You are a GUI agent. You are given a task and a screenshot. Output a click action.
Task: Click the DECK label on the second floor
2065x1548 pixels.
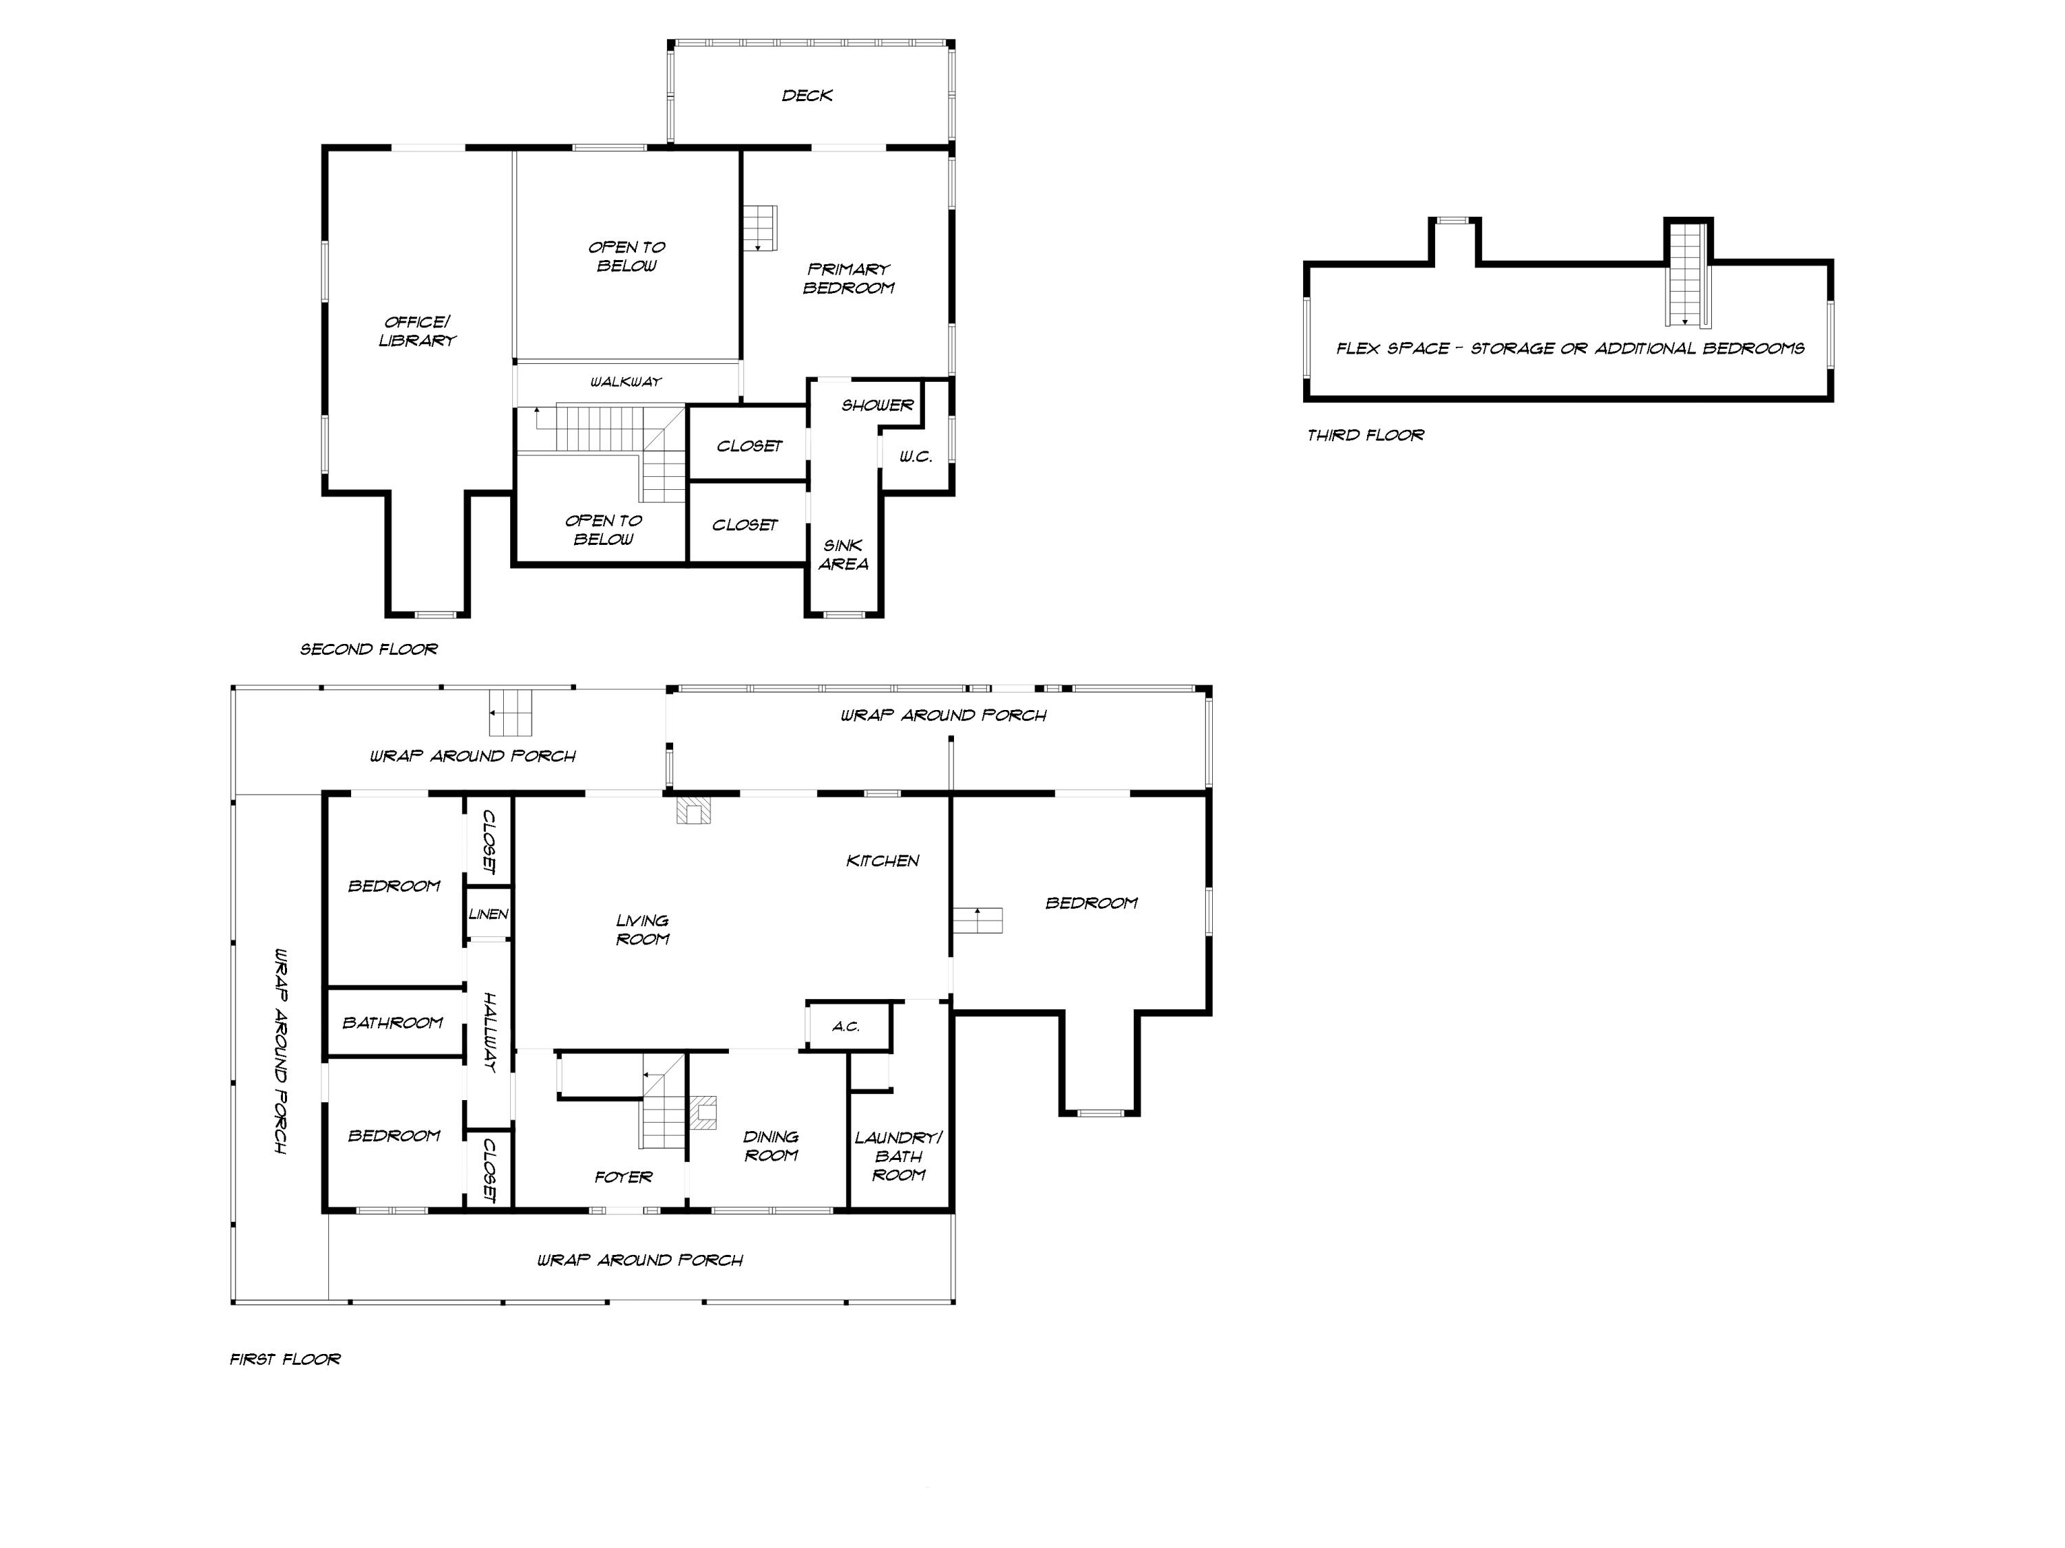click(807, 95)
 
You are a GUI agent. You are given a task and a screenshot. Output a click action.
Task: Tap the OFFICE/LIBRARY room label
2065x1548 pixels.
click(417, 331)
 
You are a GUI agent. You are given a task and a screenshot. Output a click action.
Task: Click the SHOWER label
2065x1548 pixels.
click(877, 405)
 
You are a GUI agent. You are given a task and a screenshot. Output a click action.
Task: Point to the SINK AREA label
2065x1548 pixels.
click(843, 555)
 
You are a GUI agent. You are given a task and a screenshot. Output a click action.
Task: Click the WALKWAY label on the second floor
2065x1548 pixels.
click(626, 382)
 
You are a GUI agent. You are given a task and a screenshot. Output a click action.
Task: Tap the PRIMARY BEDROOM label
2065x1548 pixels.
click(849, 278)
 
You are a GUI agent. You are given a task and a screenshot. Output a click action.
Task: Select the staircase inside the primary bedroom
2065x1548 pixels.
click(760, 228)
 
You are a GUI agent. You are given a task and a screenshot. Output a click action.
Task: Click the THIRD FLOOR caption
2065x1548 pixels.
click(1365, 435)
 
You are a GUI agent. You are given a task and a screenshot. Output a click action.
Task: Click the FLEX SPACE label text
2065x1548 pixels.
click(1569, 348)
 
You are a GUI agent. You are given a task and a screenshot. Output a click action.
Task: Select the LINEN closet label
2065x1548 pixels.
click(488, 914)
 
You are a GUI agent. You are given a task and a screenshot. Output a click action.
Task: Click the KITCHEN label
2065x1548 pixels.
click(882, 860)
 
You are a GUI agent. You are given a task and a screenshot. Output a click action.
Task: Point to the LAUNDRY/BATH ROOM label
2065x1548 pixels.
click(898, 1156)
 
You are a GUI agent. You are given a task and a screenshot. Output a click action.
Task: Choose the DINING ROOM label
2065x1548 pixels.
click(770, 1146)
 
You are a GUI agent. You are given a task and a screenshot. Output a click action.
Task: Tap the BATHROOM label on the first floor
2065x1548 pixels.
click(393, 1022)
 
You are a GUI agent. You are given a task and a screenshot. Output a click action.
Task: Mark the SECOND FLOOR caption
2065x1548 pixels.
click(369, 649)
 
